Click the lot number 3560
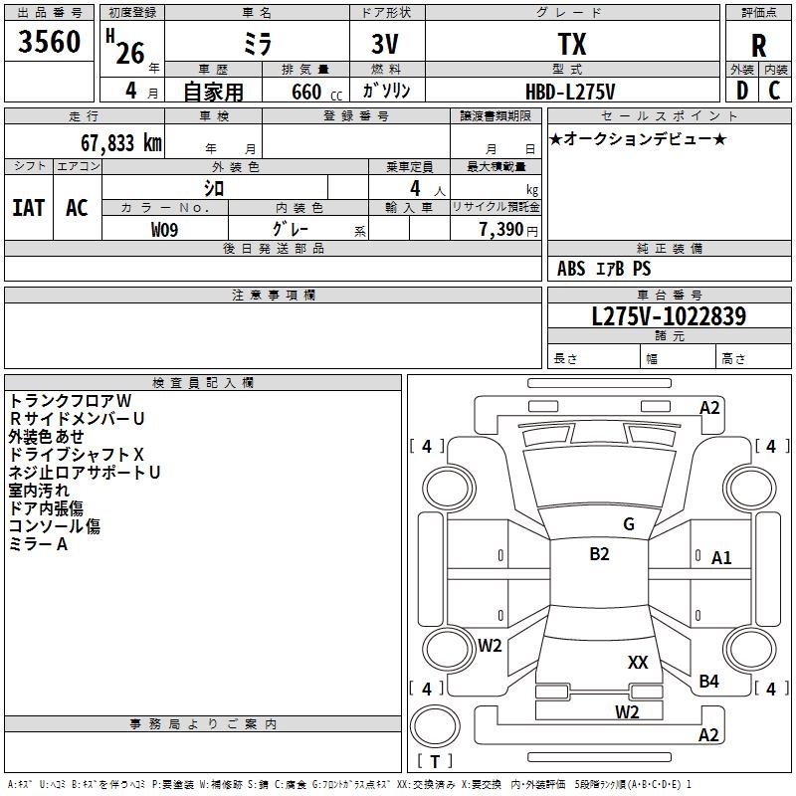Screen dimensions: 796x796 pyautogui.click(x=50, y=43)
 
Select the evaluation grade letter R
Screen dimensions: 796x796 pyautogui.click(x=758, y=45)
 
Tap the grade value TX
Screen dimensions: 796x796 pyautogui.click(x=572, y=44)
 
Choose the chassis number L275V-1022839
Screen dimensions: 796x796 pyautogui.click(x=669, y=316)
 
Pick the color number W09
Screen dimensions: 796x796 pyautogui.click(x=166, y=229)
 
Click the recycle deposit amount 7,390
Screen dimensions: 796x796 pyautogui.click(x=500, y=229)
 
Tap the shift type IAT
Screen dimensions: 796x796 pyautogui.click(x=28, y=208)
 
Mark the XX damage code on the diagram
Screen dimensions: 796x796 pyautogui.click(x=638, y=662)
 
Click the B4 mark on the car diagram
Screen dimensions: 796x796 pyautogui.click(x=708, y=682)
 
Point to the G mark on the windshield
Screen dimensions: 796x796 pyautogui.click(x=628, y=523)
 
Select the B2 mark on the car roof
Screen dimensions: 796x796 pyautogui.click(x=599, y=554)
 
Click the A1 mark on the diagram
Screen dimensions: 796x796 pyautogui.click(x=721, y=558)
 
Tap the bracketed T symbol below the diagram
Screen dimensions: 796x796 pyautogui.click(x=434, y=762)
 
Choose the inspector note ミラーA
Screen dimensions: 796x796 pyautogui.click(x=39, y=544)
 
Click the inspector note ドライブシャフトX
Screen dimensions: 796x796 pyautogui.click(x=76, y=454)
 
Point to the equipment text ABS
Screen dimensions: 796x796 pyautogui.click(x=571, y=269)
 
